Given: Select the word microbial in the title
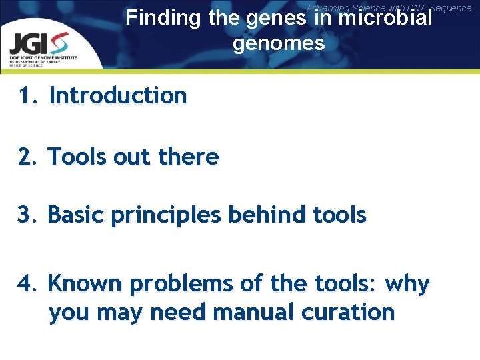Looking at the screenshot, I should pos(385,17).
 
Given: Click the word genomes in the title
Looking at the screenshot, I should pos(279,44).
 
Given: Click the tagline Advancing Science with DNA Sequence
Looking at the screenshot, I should pos(389,8).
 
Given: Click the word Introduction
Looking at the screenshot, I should pos(118,96).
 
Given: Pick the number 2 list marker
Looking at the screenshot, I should pos(27,157).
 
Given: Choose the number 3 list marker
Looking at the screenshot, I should pos(27,215).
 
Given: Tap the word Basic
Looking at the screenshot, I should pos(76,215).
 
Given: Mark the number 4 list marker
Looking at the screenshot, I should pos(27,284).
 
